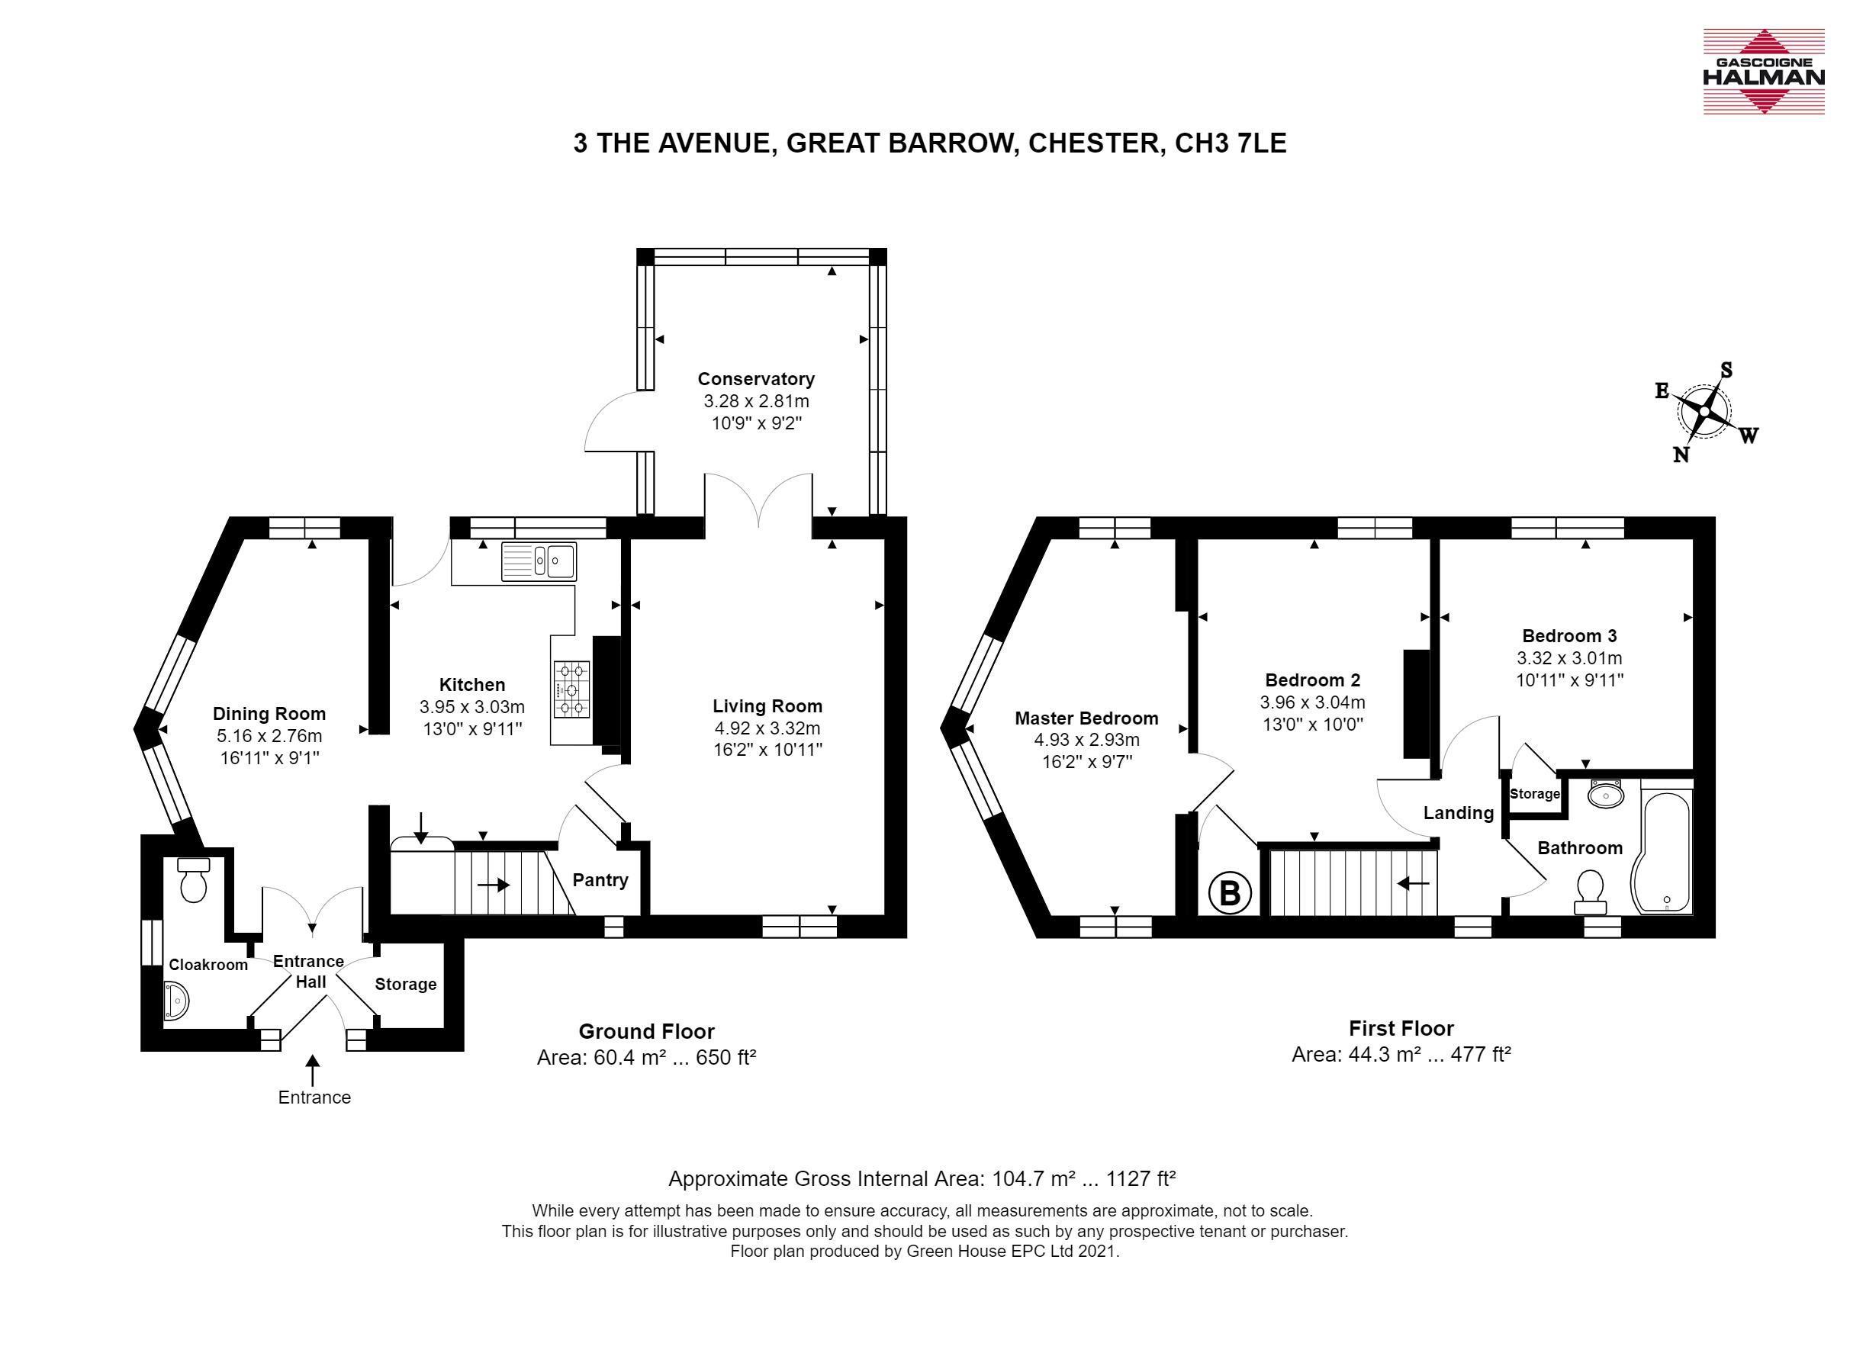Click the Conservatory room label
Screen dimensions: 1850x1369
click(x=756, y=379)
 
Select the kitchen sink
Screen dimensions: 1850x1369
click(x=539, y=561)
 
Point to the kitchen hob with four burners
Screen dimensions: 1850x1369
click(x=571, y=689)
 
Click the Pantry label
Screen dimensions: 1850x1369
click(x=600, y=880)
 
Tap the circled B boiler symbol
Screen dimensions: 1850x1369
click(x=1229, y=893)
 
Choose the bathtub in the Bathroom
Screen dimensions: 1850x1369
click(x=1661, y=853)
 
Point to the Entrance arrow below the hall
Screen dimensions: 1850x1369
click(x=313, y=1070)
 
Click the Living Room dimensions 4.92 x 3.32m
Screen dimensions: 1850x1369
click(x=767, y=728)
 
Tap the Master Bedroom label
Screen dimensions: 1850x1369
click(x=1086, y=718)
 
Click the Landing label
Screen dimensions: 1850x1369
click(x=1459, y=813)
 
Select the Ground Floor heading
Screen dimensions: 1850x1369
click(x=646, y=1031)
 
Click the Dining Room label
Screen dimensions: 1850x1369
click(x=269, y=714)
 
